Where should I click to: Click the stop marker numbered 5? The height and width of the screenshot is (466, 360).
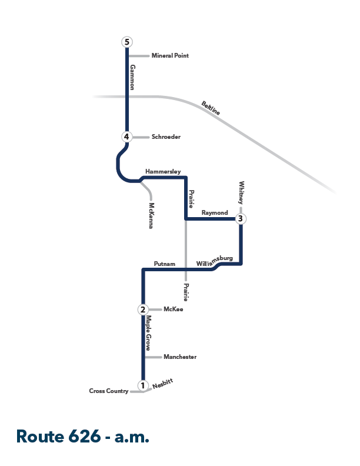127,42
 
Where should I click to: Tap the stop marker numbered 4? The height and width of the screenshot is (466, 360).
126,137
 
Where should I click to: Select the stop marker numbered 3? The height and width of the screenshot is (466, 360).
241,219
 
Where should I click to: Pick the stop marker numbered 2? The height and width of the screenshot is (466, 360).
143,309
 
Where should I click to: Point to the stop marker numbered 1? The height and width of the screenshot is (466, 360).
143,385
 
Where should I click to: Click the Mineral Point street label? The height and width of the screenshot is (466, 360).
170,55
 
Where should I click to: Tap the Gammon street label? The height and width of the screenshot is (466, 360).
132,77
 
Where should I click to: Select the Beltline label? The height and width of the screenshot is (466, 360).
211,108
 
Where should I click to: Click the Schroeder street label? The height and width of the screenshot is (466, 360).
166,137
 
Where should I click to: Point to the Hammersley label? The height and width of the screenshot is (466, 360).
163,171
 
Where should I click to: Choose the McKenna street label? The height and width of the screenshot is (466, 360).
151,215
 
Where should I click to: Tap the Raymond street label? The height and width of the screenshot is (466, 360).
215,213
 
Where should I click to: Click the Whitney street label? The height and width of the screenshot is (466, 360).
241,192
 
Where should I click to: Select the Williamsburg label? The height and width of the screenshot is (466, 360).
215,261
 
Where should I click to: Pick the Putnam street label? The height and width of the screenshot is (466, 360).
164,264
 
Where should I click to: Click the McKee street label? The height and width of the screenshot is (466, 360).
173,309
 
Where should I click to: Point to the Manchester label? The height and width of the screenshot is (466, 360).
180,357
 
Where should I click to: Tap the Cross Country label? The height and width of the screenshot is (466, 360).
109,391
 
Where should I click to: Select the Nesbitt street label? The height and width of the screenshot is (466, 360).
162,384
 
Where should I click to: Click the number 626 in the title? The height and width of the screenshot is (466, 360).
85,436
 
